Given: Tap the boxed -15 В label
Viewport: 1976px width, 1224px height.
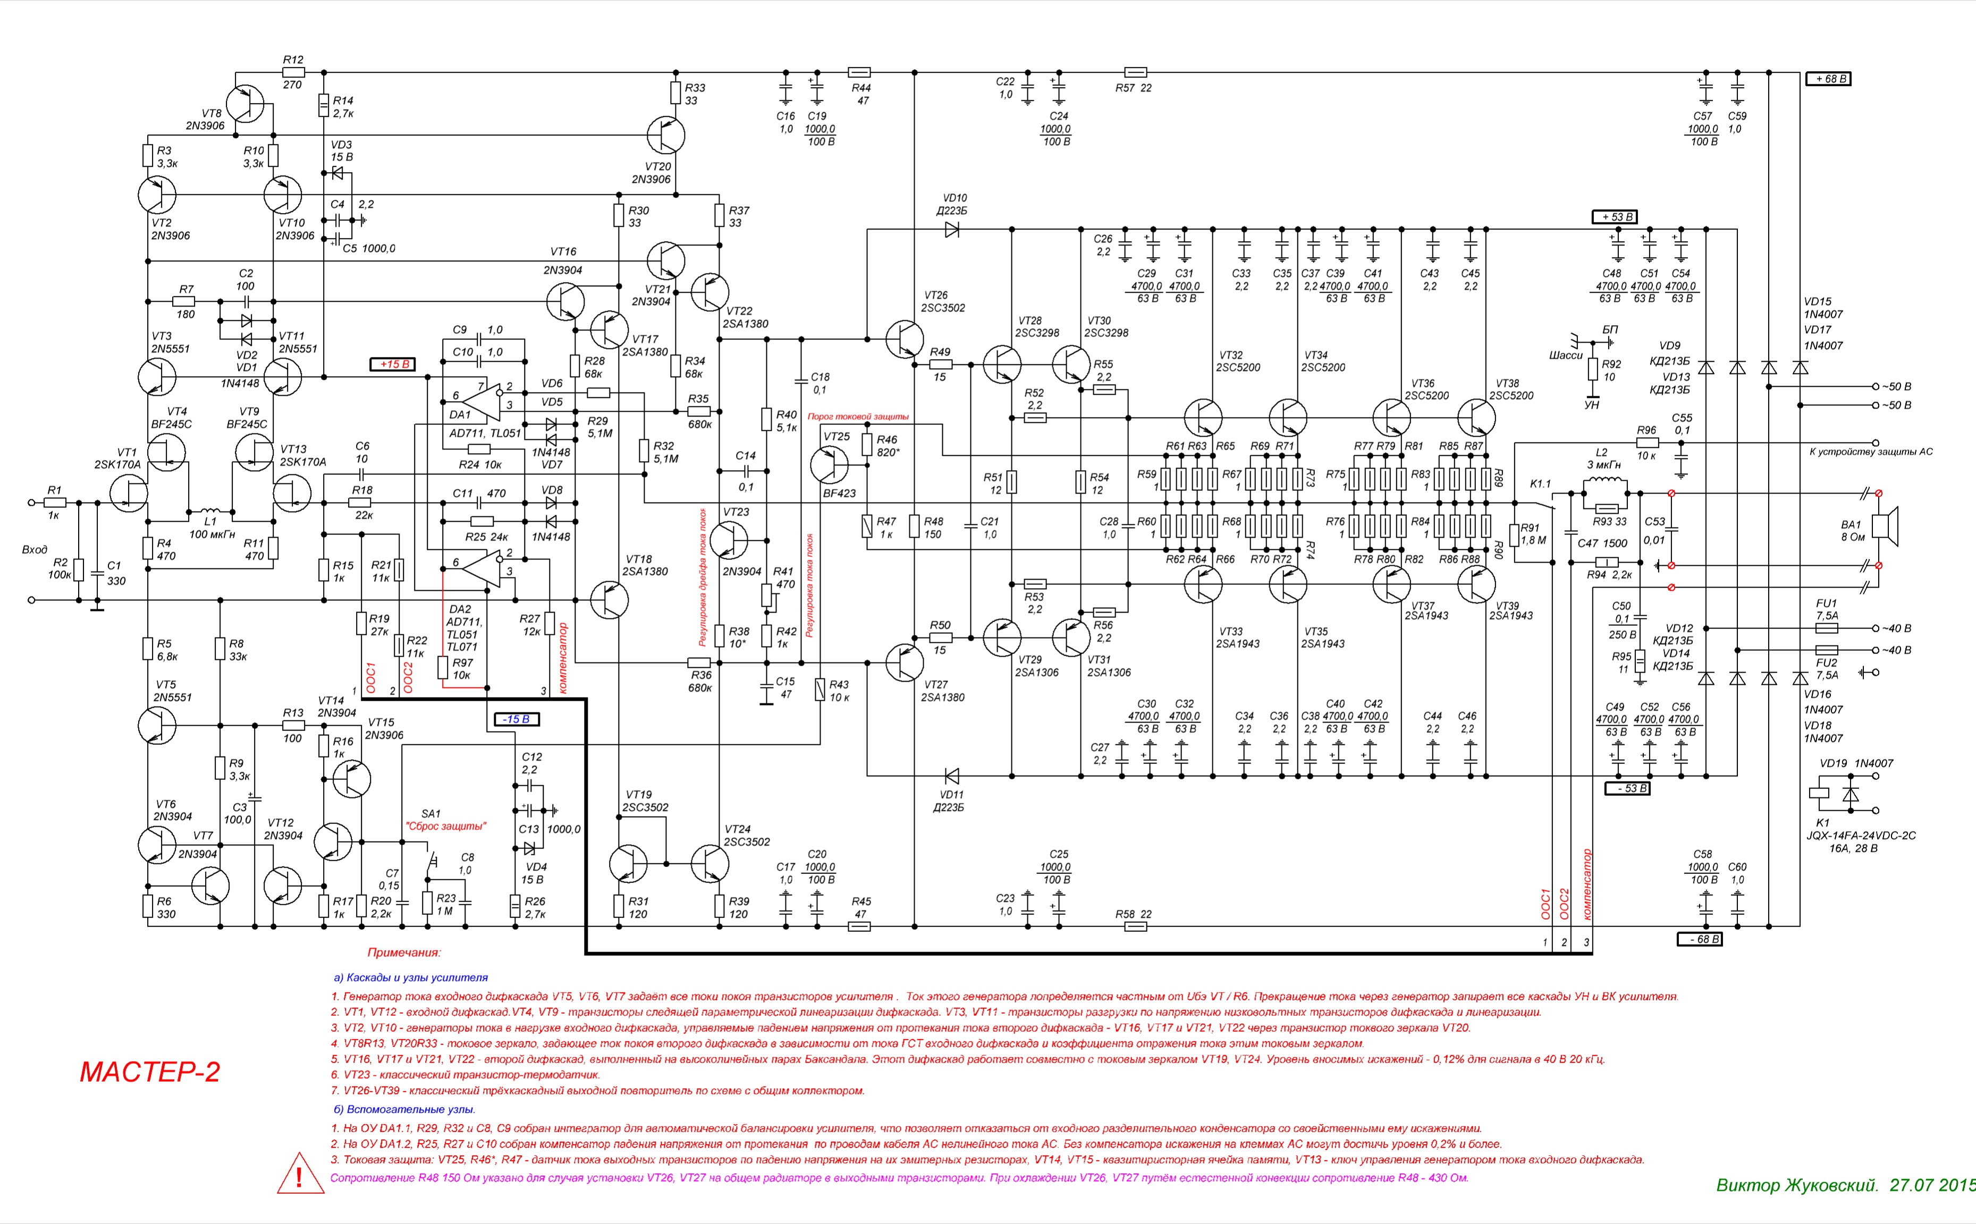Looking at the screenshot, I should pyautogui.click(x=516, y=719).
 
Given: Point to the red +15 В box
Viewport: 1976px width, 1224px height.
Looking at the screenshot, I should pyautogui.click(x=394, y=364).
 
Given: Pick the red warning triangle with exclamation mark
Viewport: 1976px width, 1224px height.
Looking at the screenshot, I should pyautogui.click(x=300, y=1175).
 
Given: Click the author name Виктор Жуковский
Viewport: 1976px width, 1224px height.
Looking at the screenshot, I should pyautogui.click(x=1796, y=1185).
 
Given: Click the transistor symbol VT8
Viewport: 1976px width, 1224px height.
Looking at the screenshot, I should pyautogui.click(x=244, y=104).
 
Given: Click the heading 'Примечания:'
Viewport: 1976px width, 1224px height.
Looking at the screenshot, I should pyautogui.click(x=404, y=953).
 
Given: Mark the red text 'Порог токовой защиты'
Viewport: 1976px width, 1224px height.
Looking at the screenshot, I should pyautogui.click(x=858, y=417).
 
